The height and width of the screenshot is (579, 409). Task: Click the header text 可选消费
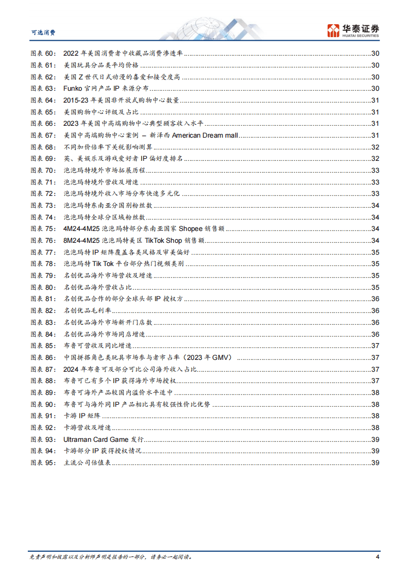tap(43, 32)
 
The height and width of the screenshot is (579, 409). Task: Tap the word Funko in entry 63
tap(73, 88)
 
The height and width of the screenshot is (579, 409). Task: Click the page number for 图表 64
tap(375, 100)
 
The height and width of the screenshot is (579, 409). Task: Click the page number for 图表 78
tap(375, 263)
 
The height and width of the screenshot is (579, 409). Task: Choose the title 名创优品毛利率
tap(87, 310)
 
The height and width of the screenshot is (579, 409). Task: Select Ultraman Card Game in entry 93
tap(95, 439)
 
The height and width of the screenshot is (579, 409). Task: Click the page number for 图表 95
tap(375, 462)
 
